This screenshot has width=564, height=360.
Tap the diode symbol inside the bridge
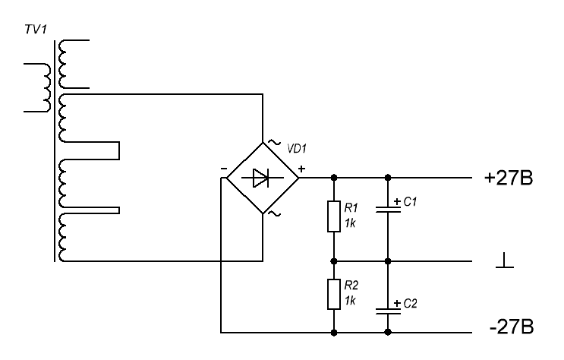coord(262,178)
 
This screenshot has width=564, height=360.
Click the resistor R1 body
coord(334,216)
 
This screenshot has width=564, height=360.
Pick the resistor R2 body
coord(334,294)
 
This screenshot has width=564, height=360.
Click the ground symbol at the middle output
coord(503,261)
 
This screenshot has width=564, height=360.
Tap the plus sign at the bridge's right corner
coord(302,169)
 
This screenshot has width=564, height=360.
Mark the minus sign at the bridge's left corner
coord(224,169)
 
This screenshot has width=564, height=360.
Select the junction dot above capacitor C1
coord(388,178)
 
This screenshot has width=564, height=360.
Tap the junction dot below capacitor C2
coord(388,333)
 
